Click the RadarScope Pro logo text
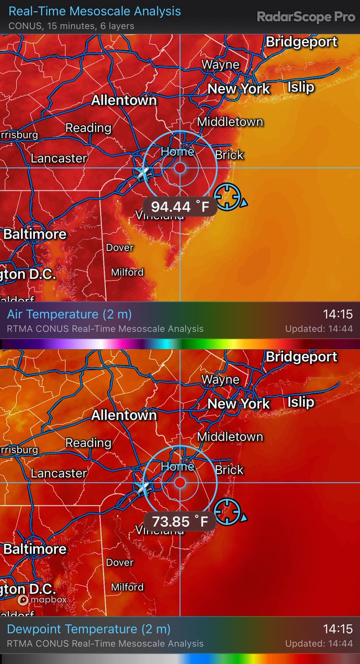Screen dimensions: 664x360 [305, 17]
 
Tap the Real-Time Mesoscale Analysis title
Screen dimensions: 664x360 [95, 11]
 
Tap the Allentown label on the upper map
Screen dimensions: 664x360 [124, 101]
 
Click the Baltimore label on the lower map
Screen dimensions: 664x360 [35, 549]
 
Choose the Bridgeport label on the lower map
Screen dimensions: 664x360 [301, 357]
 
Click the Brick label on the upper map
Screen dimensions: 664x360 [229, 155]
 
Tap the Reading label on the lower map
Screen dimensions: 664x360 [88, 443]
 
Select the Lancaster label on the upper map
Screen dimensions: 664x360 [59, 158]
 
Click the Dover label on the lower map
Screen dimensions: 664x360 [119, 563]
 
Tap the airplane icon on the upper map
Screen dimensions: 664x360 [143, 172]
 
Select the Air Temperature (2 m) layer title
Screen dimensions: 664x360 [70, 314]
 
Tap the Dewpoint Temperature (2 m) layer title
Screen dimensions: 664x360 [88, 629]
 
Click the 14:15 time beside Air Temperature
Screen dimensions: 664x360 [337, 314]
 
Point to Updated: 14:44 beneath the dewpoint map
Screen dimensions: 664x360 [319, 644]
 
